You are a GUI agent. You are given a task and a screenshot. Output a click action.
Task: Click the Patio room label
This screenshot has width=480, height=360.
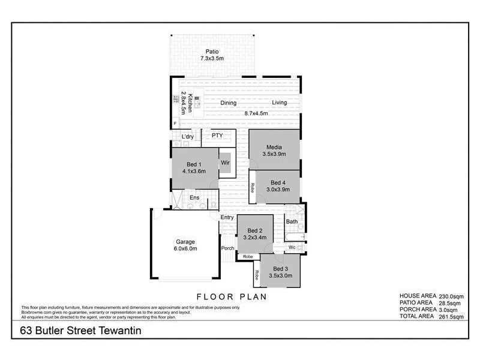pos(211,51)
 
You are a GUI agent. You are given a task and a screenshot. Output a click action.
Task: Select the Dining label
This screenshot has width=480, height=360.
pos(228,103)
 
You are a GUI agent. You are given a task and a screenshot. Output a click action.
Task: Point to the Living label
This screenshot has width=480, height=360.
pos(280,103)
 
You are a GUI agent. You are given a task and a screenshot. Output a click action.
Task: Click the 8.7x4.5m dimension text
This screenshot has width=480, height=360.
pos(255,113)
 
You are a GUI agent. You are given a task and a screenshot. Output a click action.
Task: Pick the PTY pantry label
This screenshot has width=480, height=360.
pos(217,136)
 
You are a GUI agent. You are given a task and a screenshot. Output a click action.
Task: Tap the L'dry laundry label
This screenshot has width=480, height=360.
pos(188,137)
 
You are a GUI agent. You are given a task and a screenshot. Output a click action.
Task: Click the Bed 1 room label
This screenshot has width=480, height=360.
pos(194,164)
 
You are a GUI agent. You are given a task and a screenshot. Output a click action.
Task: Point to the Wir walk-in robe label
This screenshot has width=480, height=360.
pos(226,163)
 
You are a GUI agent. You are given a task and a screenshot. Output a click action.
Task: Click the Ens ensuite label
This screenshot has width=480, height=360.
pos(194,197)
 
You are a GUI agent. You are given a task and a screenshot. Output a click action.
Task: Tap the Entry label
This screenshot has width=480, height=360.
pos(227,217)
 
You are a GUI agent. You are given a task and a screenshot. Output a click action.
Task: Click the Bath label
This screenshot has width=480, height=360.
pos(292,221)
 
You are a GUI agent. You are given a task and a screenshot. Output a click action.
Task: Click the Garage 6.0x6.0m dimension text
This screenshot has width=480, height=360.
pos(185,248)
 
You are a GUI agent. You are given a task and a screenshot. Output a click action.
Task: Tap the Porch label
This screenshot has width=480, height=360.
pos(227,248)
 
